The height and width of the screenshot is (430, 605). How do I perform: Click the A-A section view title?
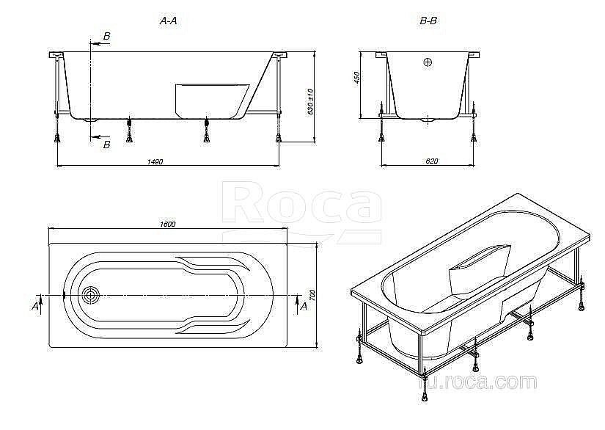169,22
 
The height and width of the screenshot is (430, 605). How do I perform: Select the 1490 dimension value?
155,161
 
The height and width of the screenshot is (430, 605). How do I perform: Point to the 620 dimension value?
430,161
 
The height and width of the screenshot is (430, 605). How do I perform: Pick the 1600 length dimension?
166,224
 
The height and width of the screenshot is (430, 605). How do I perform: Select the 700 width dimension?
311,295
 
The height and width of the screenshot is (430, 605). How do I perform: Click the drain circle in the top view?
91,295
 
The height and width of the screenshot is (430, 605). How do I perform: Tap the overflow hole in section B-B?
428,63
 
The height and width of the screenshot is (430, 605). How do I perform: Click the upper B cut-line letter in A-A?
107,36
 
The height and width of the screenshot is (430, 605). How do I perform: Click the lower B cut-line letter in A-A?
107,145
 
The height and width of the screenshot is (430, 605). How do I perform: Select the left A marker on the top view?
34,306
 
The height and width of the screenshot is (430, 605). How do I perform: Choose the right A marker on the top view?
303,306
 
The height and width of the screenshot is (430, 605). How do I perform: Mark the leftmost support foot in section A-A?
57,135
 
